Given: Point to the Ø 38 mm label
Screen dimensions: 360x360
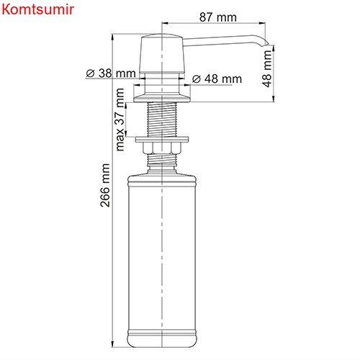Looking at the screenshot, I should (111, 73).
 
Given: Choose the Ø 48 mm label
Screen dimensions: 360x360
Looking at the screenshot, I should (217, 78).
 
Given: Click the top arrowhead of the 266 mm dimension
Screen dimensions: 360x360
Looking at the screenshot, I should (117, 35).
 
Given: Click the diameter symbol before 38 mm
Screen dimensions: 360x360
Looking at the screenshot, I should (91, 73).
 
